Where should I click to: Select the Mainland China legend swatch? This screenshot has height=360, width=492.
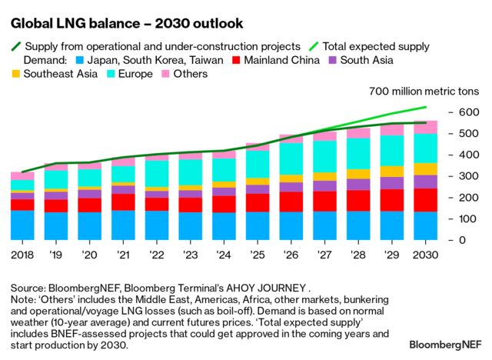236,60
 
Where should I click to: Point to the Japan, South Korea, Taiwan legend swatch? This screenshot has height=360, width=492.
80,60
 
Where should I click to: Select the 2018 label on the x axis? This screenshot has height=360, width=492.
22,254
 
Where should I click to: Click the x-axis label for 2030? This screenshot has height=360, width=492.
425,254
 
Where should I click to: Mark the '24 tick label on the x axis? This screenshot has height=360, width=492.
224,254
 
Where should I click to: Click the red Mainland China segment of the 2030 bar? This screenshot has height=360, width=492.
425,200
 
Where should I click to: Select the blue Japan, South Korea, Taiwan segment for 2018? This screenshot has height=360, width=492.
22,225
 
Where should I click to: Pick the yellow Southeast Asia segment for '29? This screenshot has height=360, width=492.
392,172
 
